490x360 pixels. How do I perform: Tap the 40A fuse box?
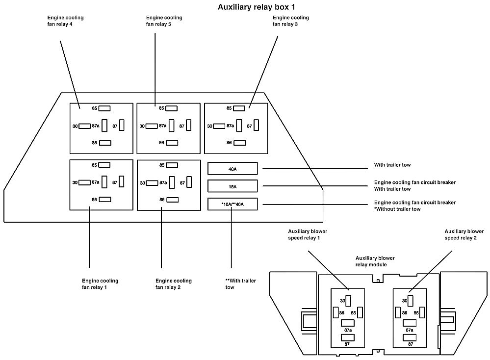click(232, 169)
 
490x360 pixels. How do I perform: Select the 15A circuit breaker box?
click(232, 186)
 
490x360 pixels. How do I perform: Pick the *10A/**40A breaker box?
click(232, 204)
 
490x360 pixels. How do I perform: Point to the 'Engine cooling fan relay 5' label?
click(164, 21)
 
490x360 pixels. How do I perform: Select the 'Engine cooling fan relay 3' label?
click(291, 21)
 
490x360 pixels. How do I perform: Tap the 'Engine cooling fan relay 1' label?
click(100, 283)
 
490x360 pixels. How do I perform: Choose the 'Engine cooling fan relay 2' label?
click(174, 283)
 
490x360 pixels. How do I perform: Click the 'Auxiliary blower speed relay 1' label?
click(308, 234)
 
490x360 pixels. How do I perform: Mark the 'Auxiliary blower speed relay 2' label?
click(464, 234)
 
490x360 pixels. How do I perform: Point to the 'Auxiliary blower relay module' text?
click(375, 261)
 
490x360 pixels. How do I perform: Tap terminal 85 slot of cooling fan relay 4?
click(104, 108)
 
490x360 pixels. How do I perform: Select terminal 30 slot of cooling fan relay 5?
click(152, 126)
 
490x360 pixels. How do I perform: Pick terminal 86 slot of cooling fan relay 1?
click(104, 199)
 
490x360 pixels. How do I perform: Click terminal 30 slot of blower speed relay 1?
click(349, 301)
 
